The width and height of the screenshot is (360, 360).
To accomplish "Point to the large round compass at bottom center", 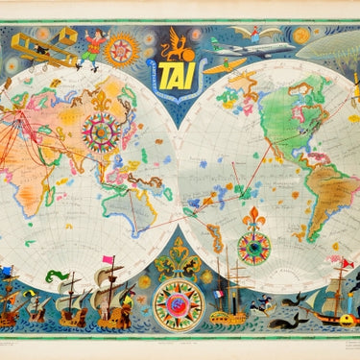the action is tap(179, 305).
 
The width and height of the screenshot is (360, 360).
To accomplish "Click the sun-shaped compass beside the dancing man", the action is tap(121, 49).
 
